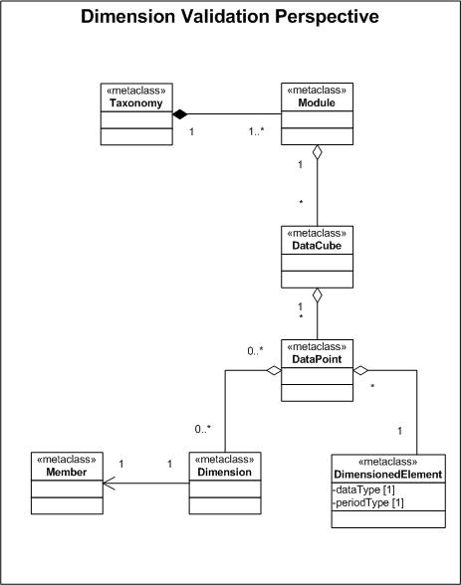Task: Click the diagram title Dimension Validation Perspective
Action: (x=230, y=17)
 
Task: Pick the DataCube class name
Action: (x=316, y=246)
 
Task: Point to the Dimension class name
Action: (x=223, y=473)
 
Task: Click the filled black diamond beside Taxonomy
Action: (x=180, y=115)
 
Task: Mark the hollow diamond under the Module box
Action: (x=316, y=152)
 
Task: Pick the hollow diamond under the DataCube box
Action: (x=316, y=295)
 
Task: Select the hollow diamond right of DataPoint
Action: (x=361, y=370)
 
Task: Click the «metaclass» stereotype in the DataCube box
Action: (x=316, y=234)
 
